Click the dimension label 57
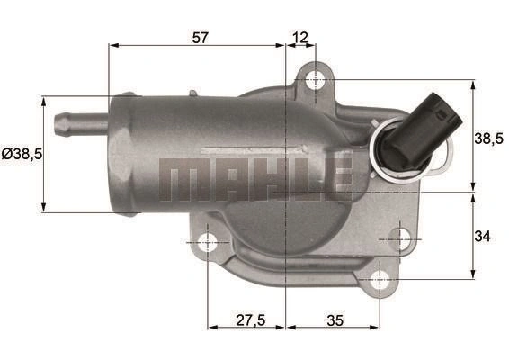(200, 38)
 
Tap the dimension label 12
(300, 38)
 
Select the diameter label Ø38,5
(22, 154)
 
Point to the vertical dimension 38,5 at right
(489, 139)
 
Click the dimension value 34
(482, 236)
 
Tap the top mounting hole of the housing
(316, 79)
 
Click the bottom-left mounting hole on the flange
(208, 242)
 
